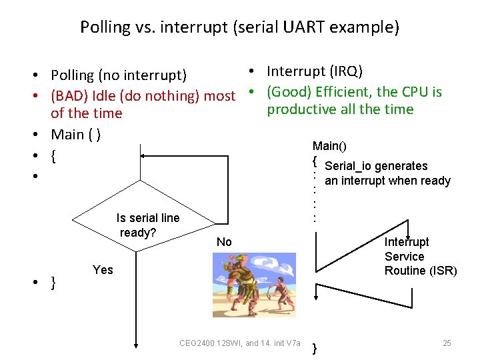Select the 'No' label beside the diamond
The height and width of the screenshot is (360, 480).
[224, 242]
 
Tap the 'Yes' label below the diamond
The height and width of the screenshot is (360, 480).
[103, 270]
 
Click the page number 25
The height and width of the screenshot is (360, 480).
[447, 343]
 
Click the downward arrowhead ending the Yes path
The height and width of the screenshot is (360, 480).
[136, 345]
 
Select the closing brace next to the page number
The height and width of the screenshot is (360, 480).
[315, 348]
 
